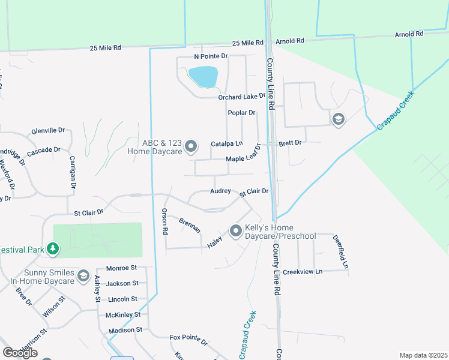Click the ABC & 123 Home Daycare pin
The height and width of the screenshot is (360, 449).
[191, 146]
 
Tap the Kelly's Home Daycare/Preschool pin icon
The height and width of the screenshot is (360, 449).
[235, 230]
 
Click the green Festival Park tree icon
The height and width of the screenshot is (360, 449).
[53, 247]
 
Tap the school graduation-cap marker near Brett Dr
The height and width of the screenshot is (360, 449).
[339, 119]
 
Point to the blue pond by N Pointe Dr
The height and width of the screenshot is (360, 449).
[203, 76]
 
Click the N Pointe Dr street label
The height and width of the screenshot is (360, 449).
[211, 56]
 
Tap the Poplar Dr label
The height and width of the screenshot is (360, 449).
[241, 112]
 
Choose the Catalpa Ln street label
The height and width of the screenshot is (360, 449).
[226, 144]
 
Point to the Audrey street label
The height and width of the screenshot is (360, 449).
[220, 191]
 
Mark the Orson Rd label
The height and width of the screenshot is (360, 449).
[164, 221]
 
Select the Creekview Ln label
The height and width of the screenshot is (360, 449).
[303, 271]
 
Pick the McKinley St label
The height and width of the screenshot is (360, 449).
[122, 314]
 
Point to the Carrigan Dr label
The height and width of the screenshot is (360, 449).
[73, 173]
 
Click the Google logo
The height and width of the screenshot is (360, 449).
[20, 353]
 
